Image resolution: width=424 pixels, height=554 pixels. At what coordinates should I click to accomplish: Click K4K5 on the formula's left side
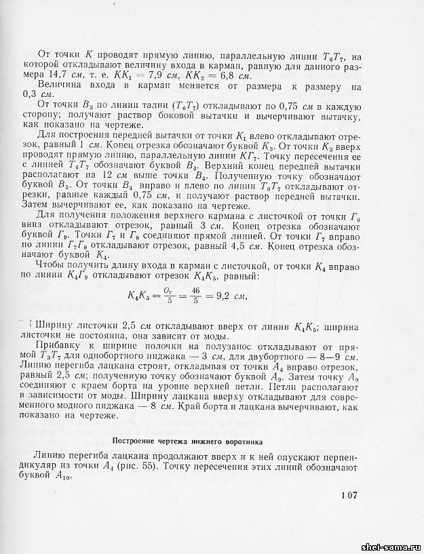coord(140,296)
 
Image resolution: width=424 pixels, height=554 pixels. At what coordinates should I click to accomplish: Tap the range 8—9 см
coord(336,355)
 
